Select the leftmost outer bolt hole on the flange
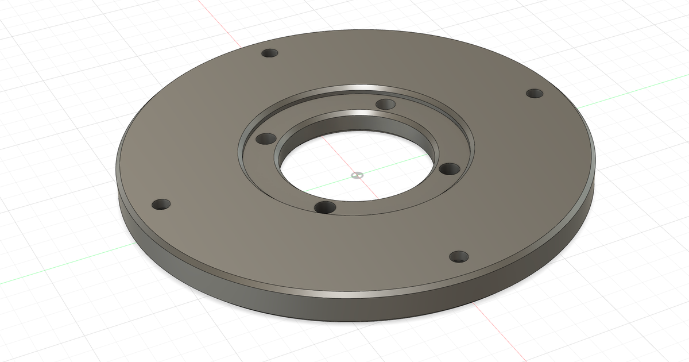[x=161, y=204]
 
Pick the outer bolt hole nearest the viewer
[x=459, y=256]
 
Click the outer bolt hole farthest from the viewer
[x=269, y=53]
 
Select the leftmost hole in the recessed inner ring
[x=266, y=138]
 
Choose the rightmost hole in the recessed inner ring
[x=450, y=169]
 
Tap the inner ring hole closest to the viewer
[x=326, y=207]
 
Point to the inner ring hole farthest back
[x=385, y=104]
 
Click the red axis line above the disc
[x=221, y=17]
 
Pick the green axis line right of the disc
[x=632, y=95]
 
